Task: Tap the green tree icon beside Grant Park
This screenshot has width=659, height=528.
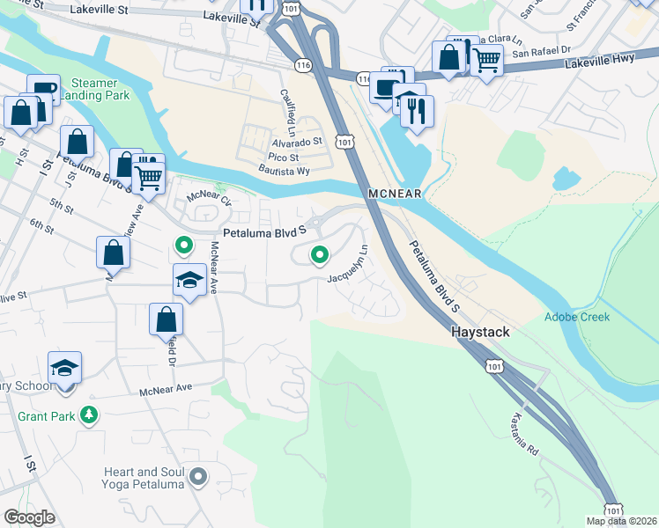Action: (x=88, y=414)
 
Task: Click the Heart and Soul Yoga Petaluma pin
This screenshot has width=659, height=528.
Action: (x=198, y=478)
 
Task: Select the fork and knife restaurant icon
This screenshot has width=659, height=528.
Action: (x=417, y=110)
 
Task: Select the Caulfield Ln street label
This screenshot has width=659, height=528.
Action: (x=286, y=106)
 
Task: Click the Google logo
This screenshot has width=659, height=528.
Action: (x=30, y=517)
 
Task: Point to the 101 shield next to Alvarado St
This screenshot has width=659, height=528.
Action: (x=344, y=142)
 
